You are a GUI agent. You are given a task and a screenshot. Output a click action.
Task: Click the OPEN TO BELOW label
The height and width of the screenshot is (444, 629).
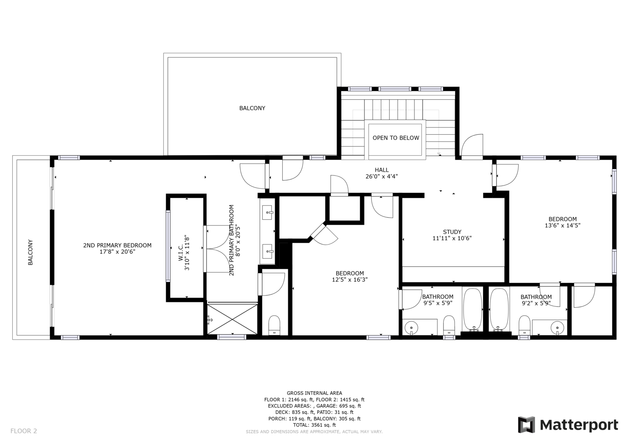tap(395, 138)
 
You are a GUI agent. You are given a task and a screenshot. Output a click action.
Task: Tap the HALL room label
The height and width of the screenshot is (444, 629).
tap(382, 170)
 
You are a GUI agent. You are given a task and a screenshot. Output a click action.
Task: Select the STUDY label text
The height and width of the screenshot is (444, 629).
tap(452, 232)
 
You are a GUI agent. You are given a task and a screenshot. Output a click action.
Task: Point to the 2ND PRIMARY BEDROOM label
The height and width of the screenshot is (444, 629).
tap(118, 245)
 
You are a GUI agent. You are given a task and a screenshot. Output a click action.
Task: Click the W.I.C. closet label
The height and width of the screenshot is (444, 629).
tap(180, 252)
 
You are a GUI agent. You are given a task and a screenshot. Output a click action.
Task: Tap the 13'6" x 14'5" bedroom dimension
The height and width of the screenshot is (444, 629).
tap(563, 225)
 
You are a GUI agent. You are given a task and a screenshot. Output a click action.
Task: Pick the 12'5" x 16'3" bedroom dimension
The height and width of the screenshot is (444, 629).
tap(349, 280)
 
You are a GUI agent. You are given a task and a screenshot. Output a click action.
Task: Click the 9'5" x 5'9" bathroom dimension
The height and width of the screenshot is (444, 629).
tap(438, 303)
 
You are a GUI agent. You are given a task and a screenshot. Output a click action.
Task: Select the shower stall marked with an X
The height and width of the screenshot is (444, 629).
tap(232, 320)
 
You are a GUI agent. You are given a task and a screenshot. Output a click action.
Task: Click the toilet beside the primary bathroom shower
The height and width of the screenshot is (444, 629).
tap(274, 325)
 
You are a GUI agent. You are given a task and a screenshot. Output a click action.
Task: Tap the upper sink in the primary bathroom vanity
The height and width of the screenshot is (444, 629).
tap(267, 212)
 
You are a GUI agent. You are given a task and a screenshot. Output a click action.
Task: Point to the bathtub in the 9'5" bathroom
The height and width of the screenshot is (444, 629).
tap(473, 310)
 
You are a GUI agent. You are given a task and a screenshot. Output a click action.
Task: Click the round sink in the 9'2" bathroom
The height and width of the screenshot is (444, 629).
tap(557, 327)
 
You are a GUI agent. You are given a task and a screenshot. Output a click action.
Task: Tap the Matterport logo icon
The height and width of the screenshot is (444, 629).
tap(526, 425)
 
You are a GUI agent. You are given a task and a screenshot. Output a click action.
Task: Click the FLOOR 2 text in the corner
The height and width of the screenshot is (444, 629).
tap(24, 431)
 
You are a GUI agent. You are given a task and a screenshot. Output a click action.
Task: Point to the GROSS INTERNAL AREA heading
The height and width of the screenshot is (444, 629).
tap(314, 393)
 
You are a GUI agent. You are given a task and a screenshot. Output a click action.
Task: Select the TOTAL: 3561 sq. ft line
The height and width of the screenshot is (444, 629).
tap(314, 425)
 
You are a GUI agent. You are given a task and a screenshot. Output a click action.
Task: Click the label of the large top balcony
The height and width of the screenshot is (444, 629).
tap(252, 108)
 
